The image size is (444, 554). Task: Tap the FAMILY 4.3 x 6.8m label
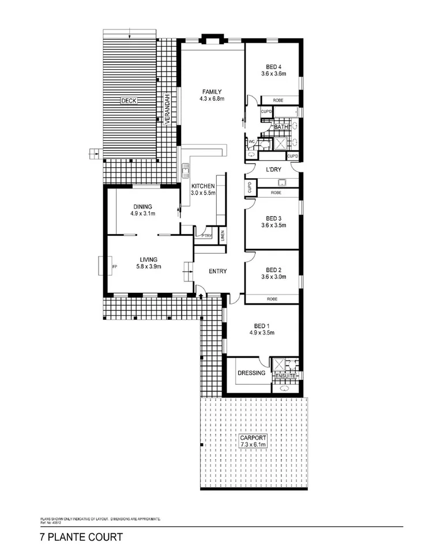[212, 95]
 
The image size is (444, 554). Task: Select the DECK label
[129, 101]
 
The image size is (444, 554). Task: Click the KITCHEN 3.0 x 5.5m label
[203, 190]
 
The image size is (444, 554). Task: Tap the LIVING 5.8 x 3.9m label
[148, 263]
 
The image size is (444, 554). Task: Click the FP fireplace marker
[115, 266]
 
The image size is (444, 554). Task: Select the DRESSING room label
[251, 373]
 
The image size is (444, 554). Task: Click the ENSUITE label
[285, 376]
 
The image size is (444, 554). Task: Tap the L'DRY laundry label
[273, 171]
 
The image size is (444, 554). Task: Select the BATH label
[281, 127]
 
